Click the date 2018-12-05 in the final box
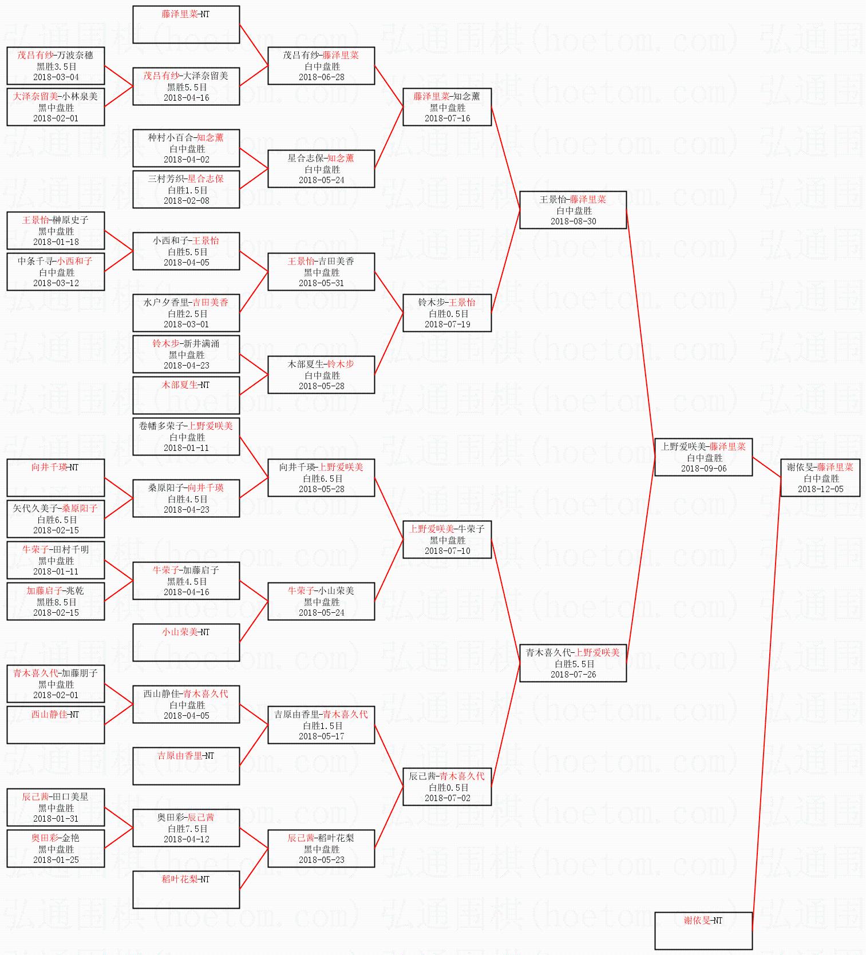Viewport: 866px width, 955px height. pyautogui.click(x=820, y=489)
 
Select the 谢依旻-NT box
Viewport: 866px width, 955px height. pyautogui.click(x=703, y=930)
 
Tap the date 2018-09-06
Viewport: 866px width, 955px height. pyautogui.click(x=703, y=469)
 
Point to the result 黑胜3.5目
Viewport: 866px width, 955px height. pyautogui.click(x=56, y=66)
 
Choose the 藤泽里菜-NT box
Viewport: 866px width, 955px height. pyautogui.click(x=186, y=25)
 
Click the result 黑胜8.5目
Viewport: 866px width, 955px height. pyautogui.click(x=56, y=602)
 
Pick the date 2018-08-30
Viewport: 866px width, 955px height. pyautogui.click(x=573, y=221)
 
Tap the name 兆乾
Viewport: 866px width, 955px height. pyautogui.click(x=75, y=591)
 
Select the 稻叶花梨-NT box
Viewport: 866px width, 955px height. pyautogui.click(x=186, y=889)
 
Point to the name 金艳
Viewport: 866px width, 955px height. pyautogui.click(x=71, y=838)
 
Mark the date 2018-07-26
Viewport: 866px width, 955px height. pyautogui.click(x=573, y=675)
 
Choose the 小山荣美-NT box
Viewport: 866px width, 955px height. pyautogui.click(x=186, y=642)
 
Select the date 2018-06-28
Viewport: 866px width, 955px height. pyautogui.click(x=321, y=77)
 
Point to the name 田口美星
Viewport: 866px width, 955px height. pyautogui.click(x=70, y=797)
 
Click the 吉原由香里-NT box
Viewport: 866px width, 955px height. pyautogui.click(x=186, y=766)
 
